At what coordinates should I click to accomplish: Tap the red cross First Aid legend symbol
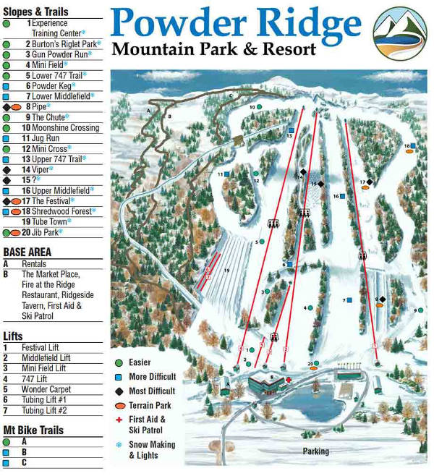(119, 419)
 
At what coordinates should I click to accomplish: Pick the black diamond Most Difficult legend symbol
(119, 391)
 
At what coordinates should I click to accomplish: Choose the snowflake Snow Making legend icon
(119, 445)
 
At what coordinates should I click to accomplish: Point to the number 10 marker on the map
(252, 107)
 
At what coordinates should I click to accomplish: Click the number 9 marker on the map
(416, 310)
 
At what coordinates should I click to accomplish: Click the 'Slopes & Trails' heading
(35, 12)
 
